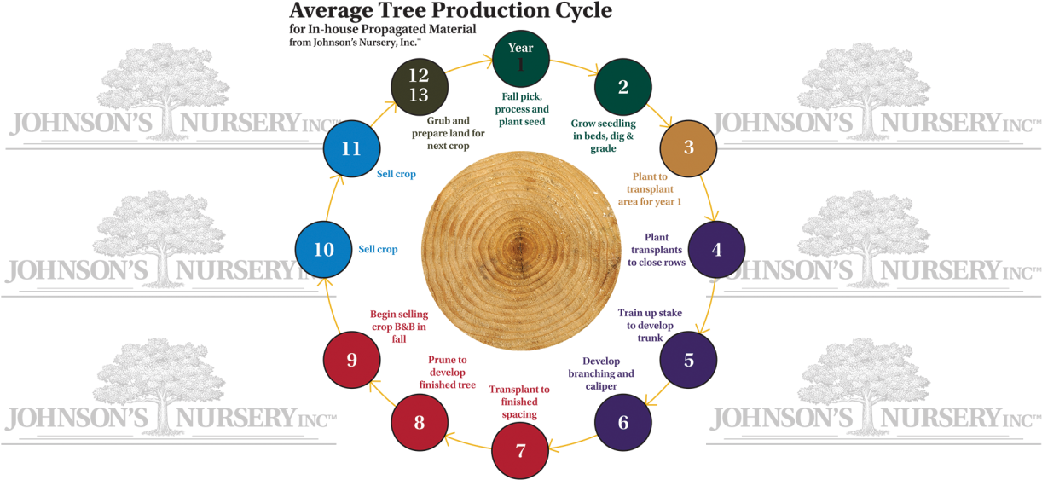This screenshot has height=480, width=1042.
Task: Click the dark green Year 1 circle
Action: pyautogui.click(x=521, y=56)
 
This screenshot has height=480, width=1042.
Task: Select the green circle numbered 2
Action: pyautogui.click(x=623, y=87)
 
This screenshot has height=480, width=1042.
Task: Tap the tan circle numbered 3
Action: pyautogui.click(x=689, y=147)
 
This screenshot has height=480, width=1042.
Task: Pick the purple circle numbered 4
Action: pyautogui.click(x=716, y=250)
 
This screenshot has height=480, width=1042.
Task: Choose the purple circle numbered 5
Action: pyautogui.click(x=689, y=358)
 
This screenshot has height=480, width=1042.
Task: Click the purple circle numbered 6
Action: pyautogui.click(x=623, y=422)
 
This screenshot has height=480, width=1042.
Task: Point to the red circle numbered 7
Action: pyautogui.click(x=520, y=450)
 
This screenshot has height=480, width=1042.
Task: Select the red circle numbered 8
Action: pyautogui.click(x=419, y=422)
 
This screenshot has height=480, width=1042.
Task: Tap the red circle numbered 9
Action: pyautogui.click(x=351, y=360)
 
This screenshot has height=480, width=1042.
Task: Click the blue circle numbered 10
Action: pyautogui.click(x=323, y=250)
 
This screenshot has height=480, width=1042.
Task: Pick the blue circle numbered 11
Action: pyautogui.click(x=351, y=148)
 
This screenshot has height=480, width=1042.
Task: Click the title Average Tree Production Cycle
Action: pyautogui.click(x=450, y=11)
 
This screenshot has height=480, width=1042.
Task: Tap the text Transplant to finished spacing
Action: pyautogui.click(x=519, y=402)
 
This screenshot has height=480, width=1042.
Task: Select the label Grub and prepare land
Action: pyautogui.click(x=449, y=133)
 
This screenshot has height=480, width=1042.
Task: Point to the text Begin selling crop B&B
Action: pyautogui.click(x=398, y=326)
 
